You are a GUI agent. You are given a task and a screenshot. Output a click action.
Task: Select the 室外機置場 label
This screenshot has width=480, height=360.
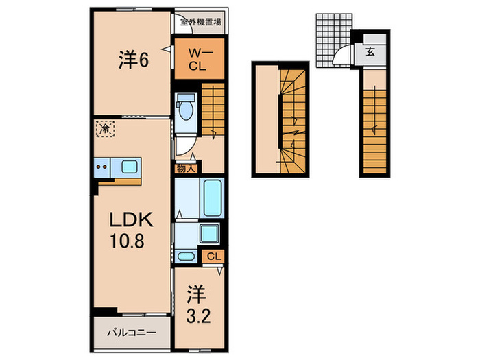(200, 21)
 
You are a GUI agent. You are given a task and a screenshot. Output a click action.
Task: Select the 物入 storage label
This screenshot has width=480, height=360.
(185, 167)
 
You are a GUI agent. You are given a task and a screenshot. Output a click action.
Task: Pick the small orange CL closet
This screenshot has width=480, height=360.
(213, 256)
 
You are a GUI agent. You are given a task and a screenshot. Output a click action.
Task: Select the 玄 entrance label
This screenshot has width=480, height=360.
(370, 51)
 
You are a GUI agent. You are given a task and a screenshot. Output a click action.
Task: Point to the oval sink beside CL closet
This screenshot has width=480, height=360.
(186, 256)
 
